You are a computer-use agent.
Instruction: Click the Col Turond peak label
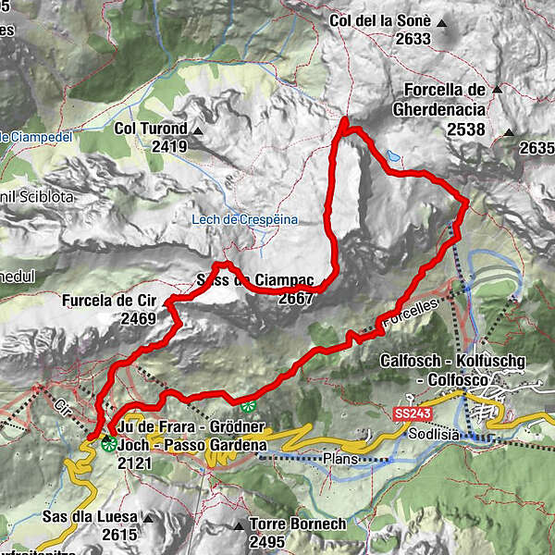click(151, 129)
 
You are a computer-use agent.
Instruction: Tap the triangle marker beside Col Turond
click(197, 129)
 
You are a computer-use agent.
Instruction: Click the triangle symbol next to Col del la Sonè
click(442, 21)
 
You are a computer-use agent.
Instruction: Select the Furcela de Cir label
click(110, 301)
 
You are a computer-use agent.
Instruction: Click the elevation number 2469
click(139, 317)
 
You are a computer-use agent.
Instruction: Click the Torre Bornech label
click(293, 524)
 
